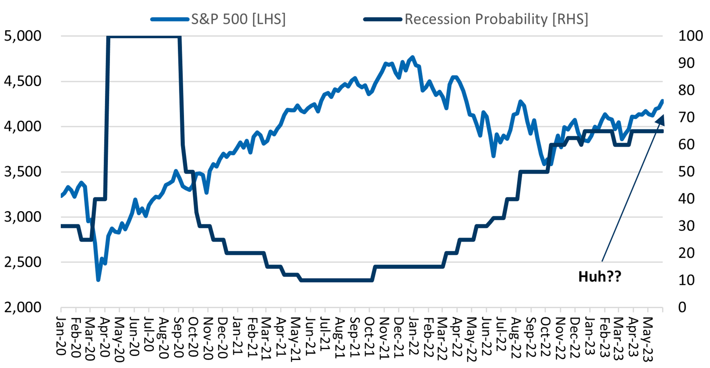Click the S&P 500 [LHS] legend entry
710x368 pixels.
coord(238,19)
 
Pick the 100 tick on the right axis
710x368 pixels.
coord(690,36)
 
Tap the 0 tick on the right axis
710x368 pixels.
coord(682,307)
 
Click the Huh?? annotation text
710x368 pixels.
coord(600,277)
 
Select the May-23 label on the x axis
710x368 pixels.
coord(648,339)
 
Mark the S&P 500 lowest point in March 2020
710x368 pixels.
coord(98,280)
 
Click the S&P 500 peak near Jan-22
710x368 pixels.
coord(413,57)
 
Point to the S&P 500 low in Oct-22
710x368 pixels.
coord(544,164)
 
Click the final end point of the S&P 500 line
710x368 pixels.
coord(662,101)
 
